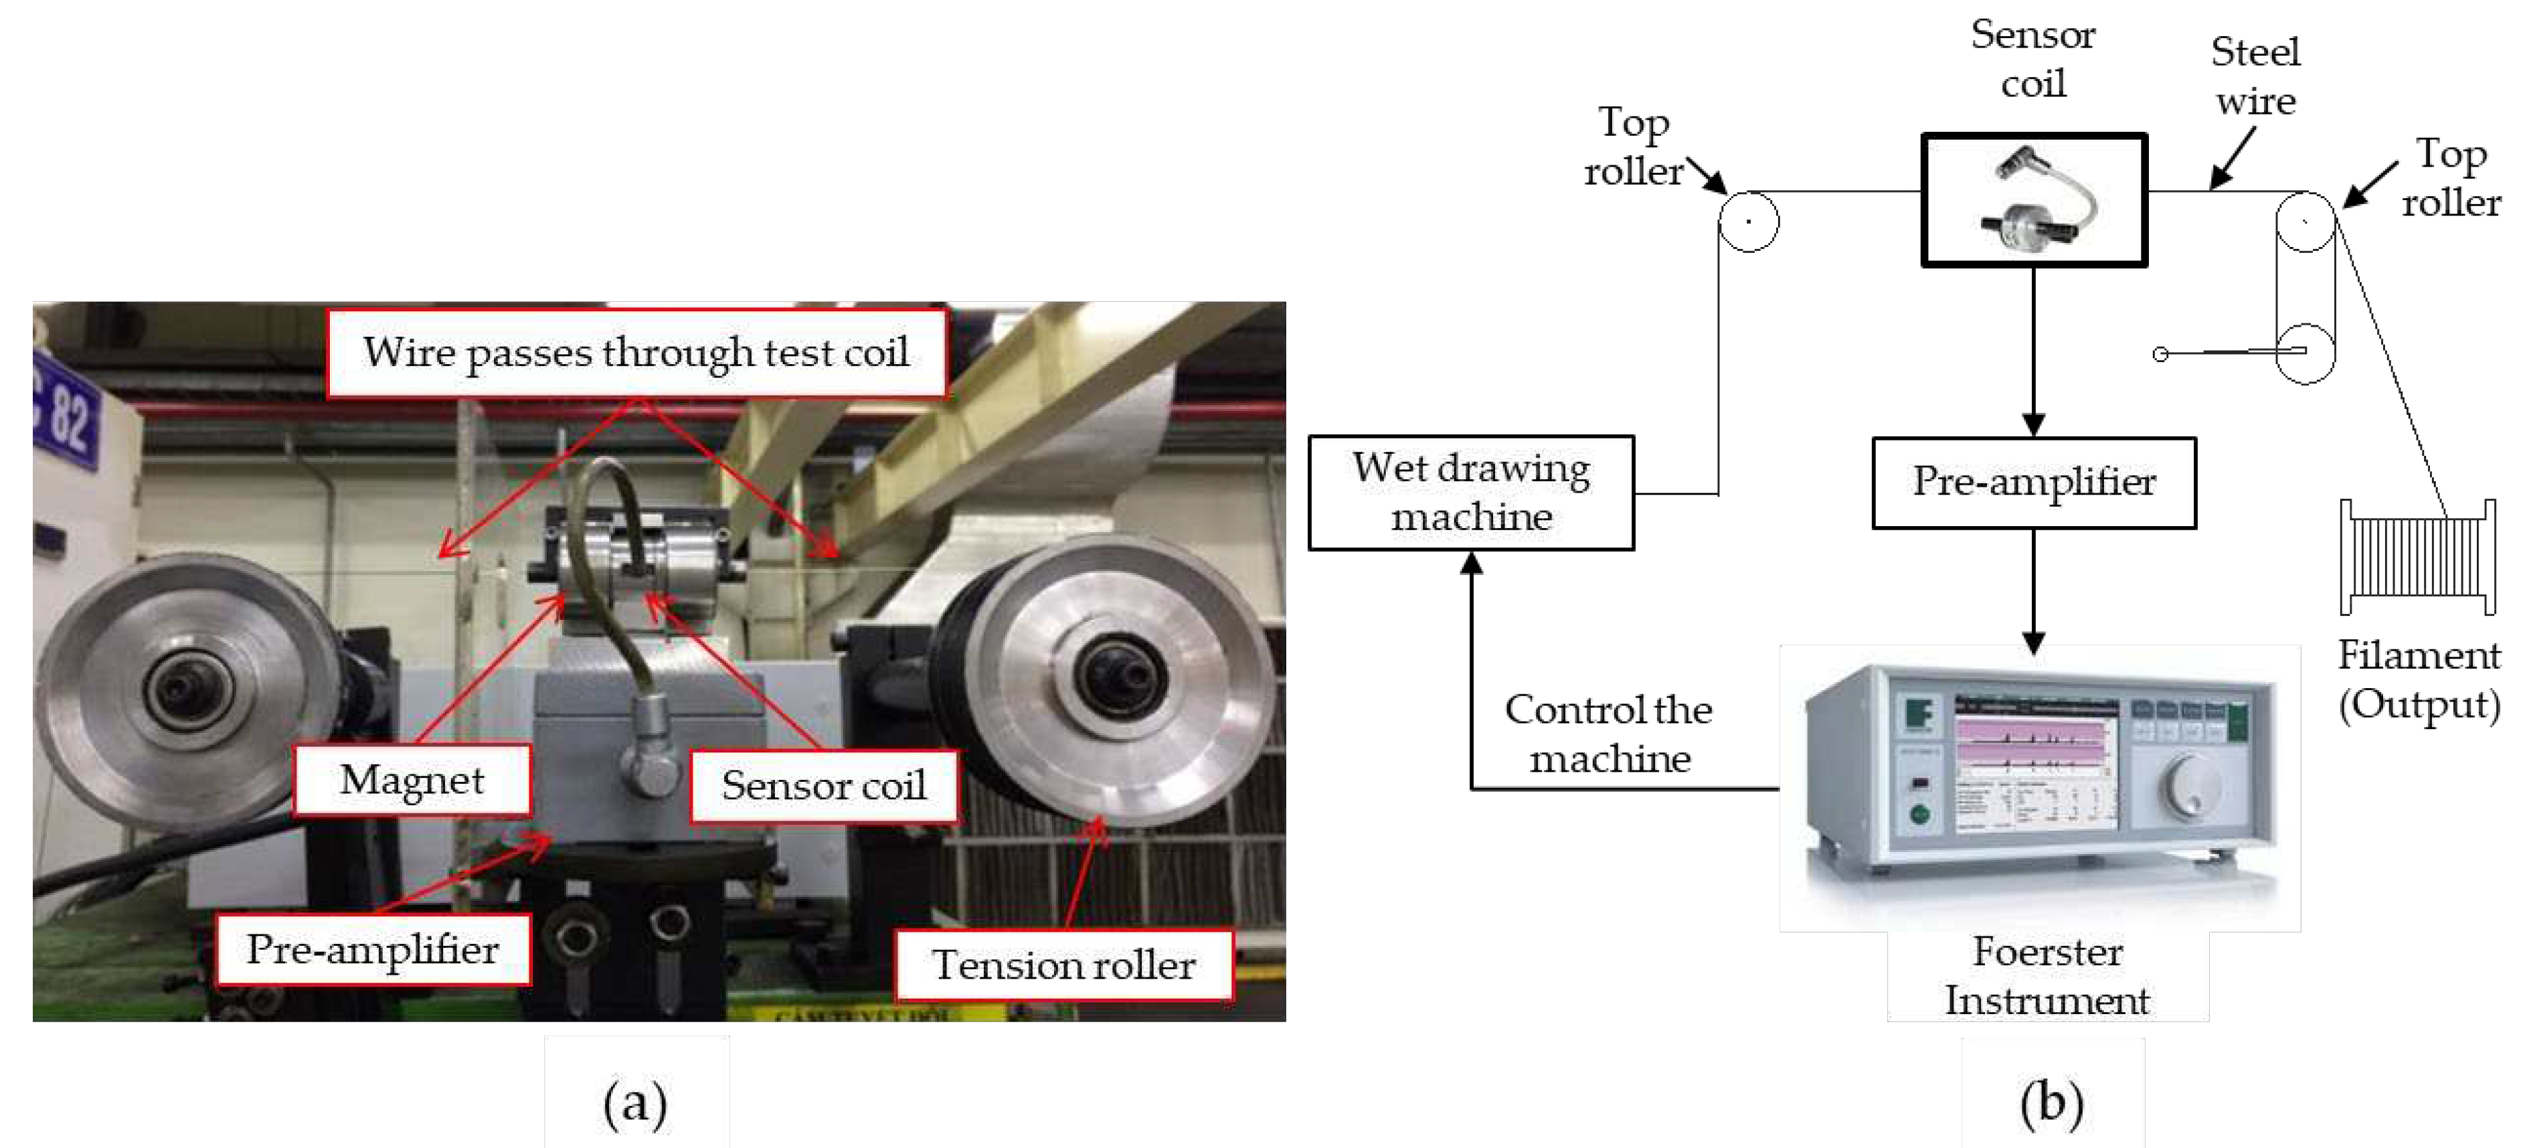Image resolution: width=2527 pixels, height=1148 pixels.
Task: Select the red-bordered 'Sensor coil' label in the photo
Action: (824, 786)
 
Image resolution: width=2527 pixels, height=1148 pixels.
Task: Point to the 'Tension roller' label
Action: (1063, 965)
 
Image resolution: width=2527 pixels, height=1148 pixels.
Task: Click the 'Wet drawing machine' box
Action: (1470, 493)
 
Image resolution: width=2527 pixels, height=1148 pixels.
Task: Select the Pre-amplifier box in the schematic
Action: (2034, 483)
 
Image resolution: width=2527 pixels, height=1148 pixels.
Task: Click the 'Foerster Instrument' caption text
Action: (2047, 976)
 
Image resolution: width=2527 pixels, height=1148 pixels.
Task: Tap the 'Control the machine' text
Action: (1609, 734)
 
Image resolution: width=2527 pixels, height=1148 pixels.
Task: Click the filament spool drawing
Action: (2418, 556)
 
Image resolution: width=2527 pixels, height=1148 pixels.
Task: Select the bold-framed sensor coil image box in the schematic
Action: (2034, 200)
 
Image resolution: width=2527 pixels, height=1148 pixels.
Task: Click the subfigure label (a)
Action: (636, 1103)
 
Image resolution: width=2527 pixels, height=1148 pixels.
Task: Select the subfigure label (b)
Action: (2053, 1103)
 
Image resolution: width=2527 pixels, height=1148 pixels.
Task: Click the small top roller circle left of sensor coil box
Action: (1748, 222)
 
